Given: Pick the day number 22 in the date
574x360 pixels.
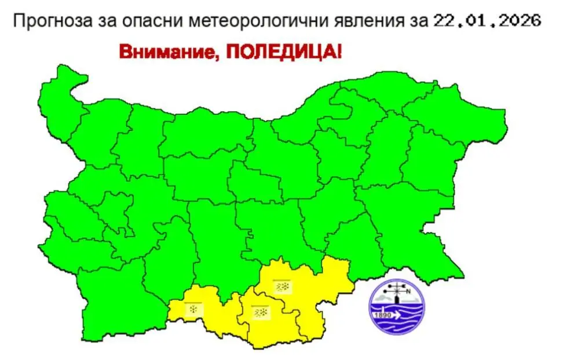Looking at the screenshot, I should pyautogui.click(x=444, y=21).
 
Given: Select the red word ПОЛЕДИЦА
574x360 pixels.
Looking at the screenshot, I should pyautogui.click(x=277, y=51).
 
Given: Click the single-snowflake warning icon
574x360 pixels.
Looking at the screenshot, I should pyautogui.click(x=193, y=309).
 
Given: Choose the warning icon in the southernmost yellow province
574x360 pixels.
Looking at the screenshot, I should pyautogui.click(x=260, y=312).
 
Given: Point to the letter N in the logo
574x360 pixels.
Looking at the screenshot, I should pyautogui.click(x=409, y=292).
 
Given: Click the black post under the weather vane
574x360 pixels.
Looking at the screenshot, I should pyautogui.click(x=397, y=299).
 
